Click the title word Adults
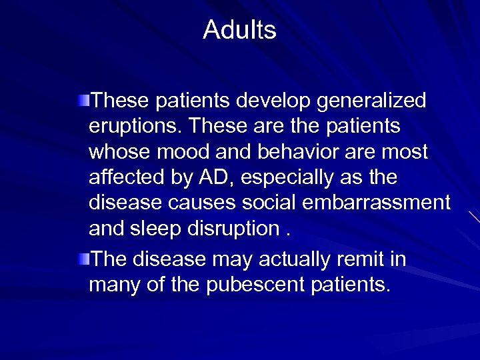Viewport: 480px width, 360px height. coord(239,29)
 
